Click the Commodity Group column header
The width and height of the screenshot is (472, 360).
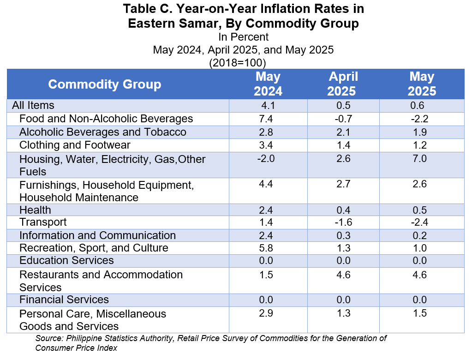pyautogui.click(x=104, y=84)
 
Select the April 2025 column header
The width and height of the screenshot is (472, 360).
pyautogui.click(x=343, y=84)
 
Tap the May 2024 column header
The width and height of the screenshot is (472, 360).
pyautogui.click(x=268, y=84)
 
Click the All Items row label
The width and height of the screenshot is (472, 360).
pyautogui.click(x=33, y=105)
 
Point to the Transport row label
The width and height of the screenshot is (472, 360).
pyautogui.click(x=43, y=222)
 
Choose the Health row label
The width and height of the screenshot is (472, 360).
pyautogui.click(x=35, y=210)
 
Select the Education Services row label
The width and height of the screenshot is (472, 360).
pyautogui.click(x=66, y=260)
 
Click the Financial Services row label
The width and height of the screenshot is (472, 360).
pyautogui.click(x=64, y=300)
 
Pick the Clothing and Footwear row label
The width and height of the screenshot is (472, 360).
pyautogui.click(x=75, y=145)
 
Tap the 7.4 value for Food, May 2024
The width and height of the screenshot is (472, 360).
pyautogui.click(x=266, y=119)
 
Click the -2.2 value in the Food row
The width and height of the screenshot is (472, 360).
pyautogui.click(x=419, y=119)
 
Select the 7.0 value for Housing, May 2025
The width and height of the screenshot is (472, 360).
pyautogui.click(x=419, y=158)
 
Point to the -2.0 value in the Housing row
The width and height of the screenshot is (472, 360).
pyautogui.click(x=266, y=158)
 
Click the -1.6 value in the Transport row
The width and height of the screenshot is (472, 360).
pyautogui.click(x=343, y=222)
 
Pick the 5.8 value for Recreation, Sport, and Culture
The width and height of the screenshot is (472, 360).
pyautogui.click(x=266, y=248)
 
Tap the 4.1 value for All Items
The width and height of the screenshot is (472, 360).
pyautogui.click(x=268, y=105)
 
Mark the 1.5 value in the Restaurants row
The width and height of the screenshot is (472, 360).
pyautogui.click(x=266, y=275)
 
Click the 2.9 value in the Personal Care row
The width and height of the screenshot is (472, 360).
pyautogui.click(x=266, y=313)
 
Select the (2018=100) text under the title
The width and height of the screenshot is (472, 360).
pyautogui.click(x=238, y=63)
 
